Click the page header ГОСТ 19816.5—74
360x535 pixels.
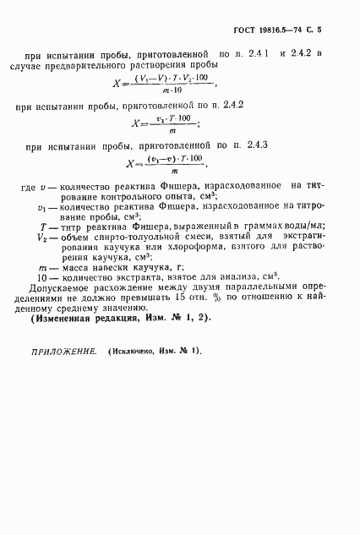(x=270, y=29)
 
